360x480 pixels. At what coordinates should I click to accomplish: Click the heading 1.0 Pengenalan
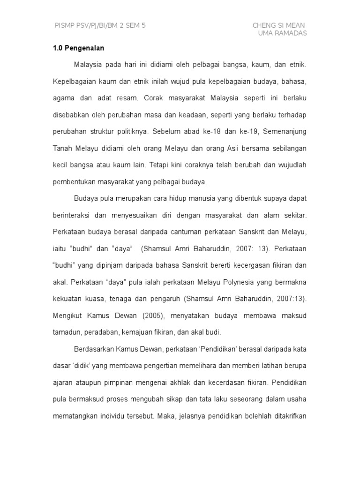click(x=78, y=48)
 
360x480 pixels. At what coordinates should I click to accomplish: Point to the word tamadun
click(x=66, y=332)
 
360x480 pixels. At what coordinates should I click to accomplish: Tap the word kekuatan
click(x=67, y=299)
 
